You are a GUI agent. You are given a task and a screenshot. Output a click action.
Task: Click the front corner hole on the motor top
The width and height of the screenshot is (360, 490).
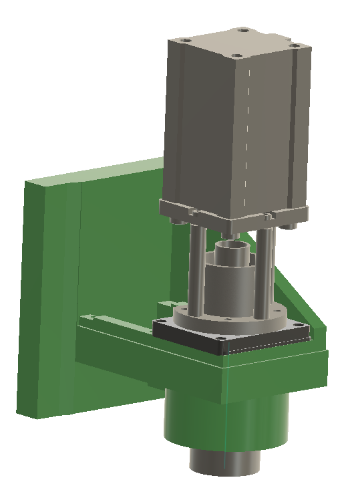[x=236, y=55]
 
